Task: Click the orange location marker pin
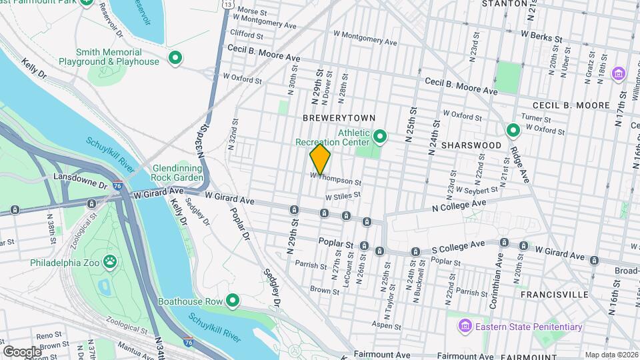tap(320, 159)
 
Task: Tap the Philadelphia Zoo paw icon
tap(110, 261)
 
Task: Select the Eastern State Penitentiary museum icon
tap(464, 327)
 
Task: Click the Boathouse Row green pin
tap(233, 301)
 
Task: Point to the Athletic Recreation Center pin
tap(380, 137)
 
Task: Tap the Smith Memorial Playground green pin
tap(175, 57)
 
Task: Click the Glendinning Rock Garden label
tap(177, 173)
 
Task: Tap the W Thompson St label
tap(335, 179)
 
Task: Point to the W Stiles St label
tap(343, 196)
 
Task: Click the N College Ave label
tap(465, 206)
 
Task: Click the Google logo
tap(22, 351)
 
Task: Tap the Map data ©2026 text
tap(611, 355)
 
